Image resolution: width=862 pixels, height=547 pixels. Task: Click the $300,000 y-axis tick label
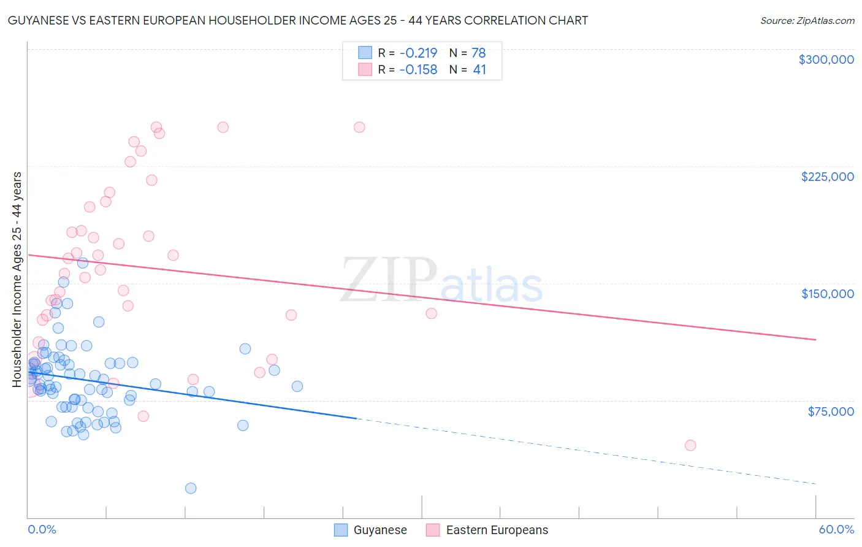click(826, 59)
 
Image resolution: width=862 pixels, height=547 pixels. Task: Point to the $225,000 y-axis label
click(827, 177)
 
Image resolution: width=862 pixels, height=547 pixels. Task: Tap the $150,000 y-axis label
click(827, 294)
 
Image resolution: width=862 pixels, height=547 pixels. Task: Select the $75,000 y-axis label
click(830, 411)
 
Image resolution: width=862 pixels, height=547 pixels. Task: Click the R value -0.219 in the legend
click(418, 53)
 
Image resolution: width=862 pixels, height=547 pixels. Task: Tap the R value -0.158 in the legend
click(418, 70)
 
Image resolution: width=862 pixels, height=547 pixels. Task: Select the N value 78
click(478, 53)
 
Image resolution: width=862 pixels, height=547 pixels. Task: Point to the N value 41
click(479, 70)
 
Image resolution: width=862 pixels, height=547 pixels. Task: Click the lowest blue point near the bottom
click(191, 488)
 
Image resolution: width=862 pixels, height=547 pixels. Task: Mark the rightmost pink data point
click(690, 445)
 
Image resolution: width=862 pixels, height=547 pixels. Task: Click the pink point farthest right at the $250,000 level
click(359, 128)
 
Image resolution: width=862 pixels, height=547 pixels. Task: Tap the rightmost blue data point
click(297, 386)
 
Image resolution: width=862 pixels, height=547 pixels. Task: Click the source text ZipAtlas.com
click(807, 21)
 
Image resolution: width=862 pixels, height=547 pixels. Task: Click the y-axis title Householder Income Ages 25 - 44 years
click(17, 280)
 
